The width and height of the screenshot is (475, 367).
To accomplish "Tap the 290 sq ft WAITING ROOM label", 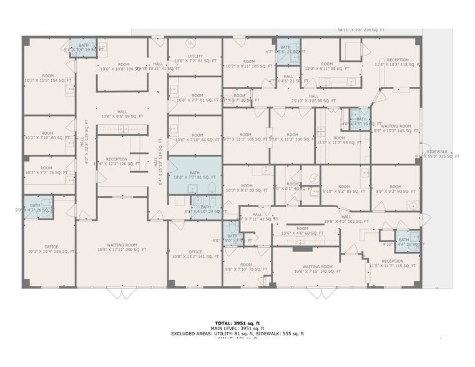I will pos(122,247).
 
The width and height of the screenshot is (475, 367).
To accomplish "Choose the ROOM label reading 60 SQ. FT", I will pos(302,231).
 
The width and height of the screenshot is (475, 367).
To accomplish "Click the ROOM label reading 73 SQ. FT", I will pos(246,267).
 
